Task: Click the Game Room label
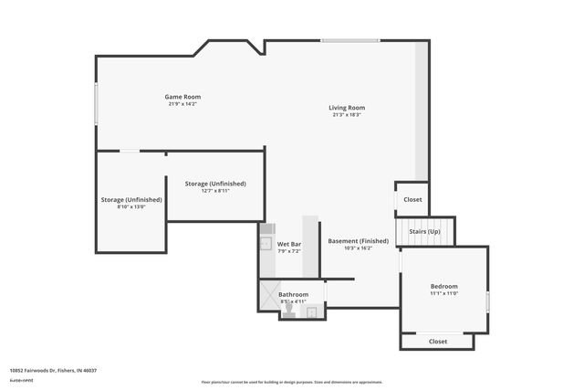coord(182,97)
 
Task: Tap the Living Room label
coord(346,108)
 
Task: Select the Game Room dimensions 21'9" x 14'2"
coord(182,104)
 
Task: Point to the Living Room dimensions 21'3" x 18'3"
coord(346,115)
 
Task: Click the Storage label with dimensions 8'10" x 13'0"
coord(131,199)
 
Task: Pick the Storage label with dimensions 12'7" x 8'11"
coord(215,184)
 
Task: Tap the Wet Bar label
coord(289,244)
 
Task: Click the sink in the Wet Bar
coord(266,244)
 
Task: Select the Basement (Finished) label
coord(359,241)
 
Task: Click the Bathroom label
coord(294,294)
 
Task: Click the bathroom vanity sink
coord(311,311)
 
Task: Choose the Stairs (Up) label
coord(425,232)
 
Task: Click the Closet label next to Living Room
coord(413,199)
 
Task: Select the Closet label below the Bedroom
coord(438,342)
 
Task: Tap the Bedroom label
coord(444,286)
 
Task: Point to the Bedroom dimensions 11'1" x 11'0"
coord(444,293)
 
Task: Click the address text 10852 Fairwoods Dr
coord(53,370)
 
